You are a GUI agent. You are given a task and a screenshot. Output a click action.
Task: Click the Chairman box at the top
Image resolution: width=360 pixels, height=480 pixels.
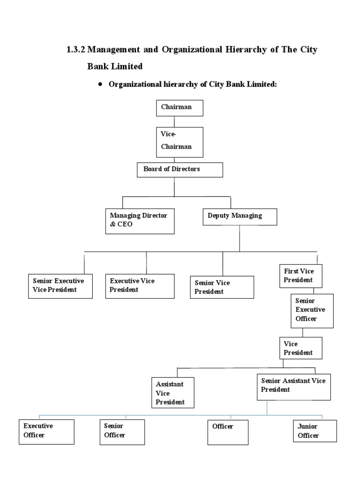click(180, 107)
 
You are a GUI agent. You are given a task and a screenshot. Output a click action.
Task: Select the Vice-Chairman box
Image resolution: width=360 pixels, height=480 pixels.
click(180, 142)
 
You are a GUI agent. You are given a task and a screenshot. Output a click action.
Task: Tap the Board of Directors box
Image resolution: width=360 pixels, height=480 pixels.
click(180, 170)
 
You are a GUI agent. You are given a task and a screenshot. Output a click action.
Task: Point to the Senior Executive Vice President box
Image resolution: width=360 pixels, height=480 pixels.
click(60, 285)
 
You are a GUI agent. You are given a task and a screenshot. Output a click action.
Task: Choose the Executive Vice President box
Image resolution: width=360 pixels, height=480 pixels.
click(140, 285)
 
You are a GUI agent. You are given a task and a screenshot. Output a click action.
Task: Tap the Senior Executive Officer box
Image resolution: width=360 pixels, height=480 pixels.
click(312, 310)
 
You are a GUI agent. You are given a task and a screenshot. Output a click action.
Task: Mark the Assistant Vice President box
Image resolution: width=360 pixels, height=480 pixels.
click(172, 393)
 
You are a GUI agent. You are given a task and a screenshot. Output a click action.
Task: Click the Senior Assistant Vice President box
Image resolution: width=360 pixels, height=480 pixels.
click(294, 386)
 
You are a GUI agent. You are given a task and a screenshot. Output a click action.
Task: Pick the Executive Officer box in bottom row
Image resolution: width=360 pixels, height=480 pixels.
click(47, 431)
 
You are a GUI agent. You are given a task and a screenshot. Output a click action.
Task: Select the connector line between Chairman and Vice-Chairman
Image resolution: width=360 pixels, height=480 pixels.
click(174, 121)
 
